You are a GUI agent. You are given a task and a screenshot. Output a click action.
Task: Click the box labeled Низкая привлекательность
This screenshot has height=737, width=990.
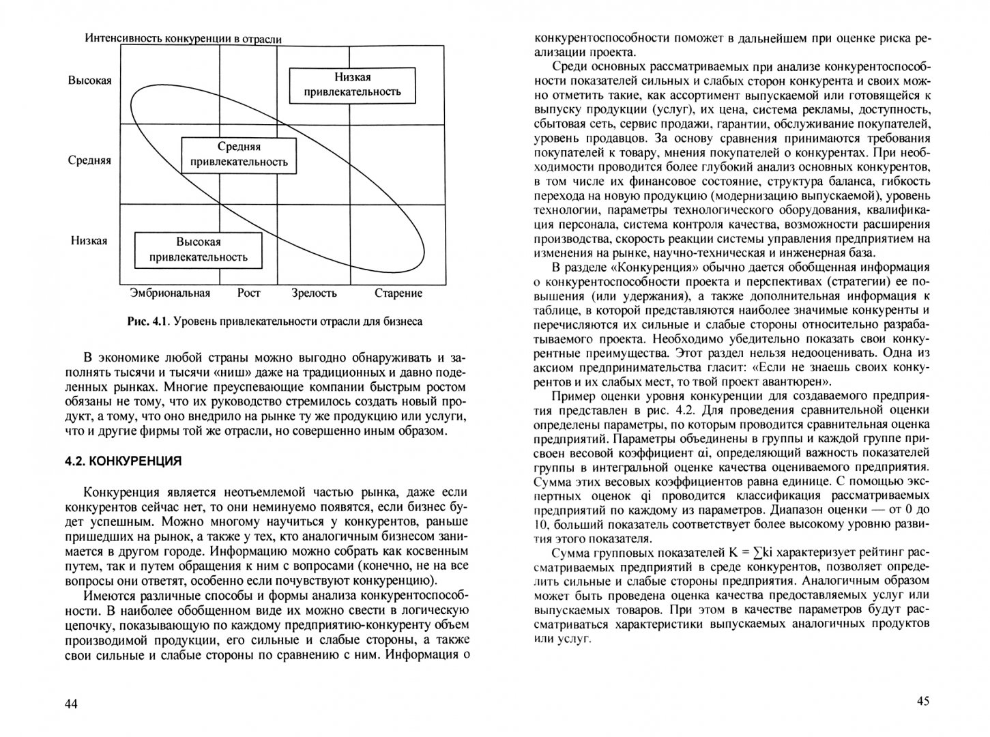(353, 85)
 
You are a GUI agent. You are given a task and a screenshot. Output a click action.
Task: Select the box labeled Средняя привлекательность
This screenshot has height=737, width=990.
(239, 155)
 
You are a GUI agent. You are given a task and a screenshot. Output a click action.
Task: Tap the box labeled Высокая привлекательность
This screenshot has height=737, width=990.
(199, 250)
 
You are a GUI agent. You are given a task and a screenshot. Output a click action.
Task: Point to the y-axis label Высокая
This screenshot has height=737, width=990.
(89, 81)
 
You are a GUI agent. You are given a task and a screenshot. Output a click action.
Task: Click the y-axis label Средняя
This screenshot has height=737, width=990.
(89, 161)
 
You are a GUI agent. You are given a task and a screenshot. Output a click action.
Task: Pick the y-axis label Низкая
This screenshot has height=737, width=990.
(89, 241)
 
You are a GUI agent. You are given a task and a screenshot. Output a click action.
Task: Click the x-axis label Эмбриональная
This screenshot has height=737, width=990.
(169, 293)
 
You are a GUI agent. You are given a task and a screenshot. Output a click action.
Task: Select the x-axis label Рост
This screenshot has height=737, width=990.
(249, 293)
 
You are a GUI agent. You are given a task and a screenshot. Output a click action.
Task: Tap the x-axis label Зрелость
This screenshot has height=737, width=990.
(314, 293)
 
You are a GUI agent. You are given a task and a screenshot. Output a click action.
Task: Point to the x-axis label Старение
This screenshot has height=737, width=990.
(398, 293)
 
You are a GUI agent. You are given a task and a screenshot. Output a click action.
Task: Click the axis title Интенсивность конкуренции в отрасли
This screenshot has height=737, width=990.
(184, 39)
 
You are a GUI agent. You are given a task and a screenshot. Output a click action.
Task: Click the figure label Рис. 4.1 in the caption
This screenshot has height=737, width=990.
(147, 321)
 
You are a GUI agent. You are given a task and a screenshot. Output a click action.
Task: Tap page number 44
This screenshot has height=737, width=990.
(72, 704)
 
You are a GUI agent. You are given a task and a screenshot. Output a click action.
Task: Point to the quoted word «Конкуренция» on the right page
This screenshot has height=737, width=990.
(649, 267)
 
